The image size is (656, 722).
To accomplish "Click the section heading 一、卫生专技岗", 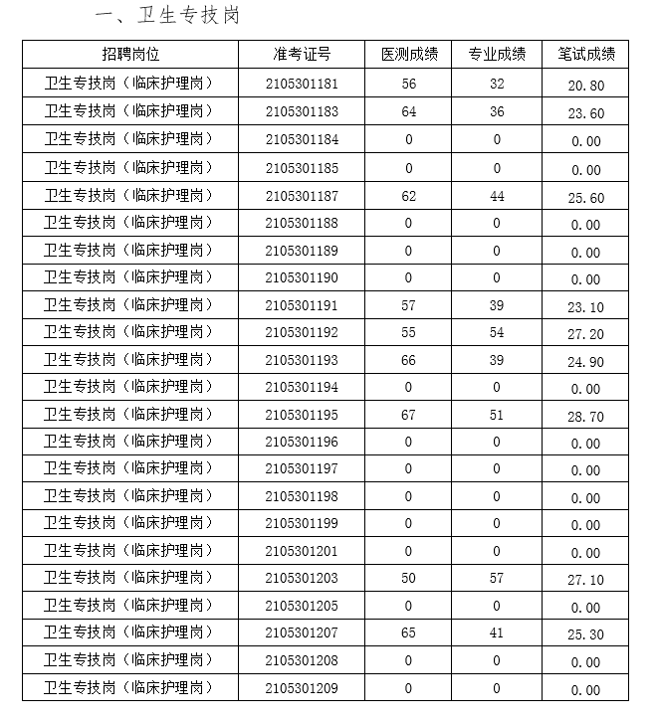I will click(166, 16).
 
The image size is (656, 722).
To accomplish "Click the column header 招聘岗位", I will click(130, 54).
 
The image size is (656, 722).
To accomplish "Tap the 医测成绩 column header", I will click(409, 54).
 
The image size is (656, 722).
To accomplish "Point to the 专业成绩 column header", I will click(497, 54).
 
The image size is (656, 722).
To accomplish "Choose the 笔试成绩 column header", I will click(585, 54).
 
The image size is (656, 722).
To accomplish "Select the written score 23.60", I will click(585, 113).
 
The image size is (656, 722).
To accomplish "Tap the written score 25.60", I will click(585, 198).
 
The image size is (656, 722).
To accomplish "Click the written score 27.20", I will click(585, 335).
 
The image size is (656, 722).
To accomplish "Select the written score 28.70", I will click(585, 417).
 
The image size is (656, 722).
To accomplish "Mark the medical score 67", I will click(409, 415).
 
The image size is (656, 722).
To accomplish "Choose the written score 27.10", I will click(585, 580).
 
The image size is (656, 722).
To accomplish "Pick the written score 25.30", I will click(585, 634).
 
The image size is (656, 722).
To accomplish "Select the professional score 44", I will click(497, 196).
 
